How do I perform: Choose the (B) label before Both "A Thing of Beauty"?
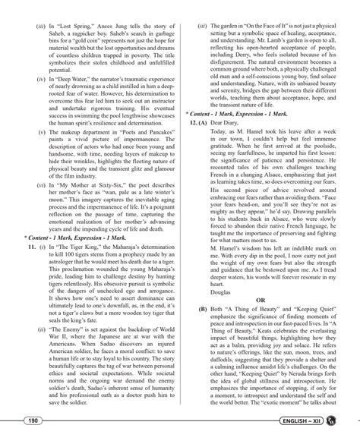point(202,310)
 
